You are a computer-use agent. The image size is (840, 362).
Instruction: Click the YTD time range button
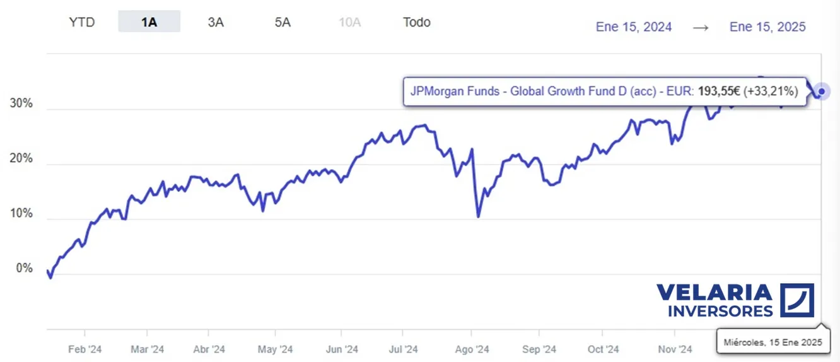81,22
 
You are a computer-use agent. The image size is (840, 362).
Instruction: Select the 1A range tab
149,22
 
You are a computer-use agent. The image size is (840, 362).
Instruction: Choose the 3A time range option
216,22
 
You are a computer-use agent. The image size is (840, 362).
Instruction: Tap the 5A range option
283,22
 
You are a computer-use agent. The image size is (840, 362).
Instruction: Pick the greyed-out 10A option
349,22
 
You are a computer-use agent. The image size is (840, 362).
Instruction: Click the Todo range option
417,22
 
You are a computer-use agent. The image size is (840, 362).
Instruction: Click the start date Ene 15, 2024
634,26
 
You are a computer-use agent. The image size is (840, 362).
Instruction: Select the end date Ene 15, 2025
767,26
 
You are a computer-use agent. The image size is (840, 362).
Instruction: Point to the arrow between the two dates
701,27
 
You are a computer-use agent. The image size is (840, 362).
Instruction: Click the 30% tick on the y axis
21,103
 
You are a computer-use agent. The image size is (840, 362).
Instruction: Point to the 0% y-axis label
25,269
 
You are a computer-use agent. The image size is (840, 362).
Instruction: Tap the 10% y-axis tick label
21,214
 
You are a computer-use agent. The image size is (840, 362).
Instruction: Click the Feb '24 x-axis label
85,349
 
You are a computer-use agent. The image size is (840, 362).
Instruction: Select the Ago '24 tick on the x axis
472,349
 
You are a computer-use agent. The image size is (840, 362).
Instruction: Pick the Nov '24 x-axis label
675,349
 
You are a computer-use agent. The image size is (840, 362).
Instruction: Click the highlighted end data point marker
821,91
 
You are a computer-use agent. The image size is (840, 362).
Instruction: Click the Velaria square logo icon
797,300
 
